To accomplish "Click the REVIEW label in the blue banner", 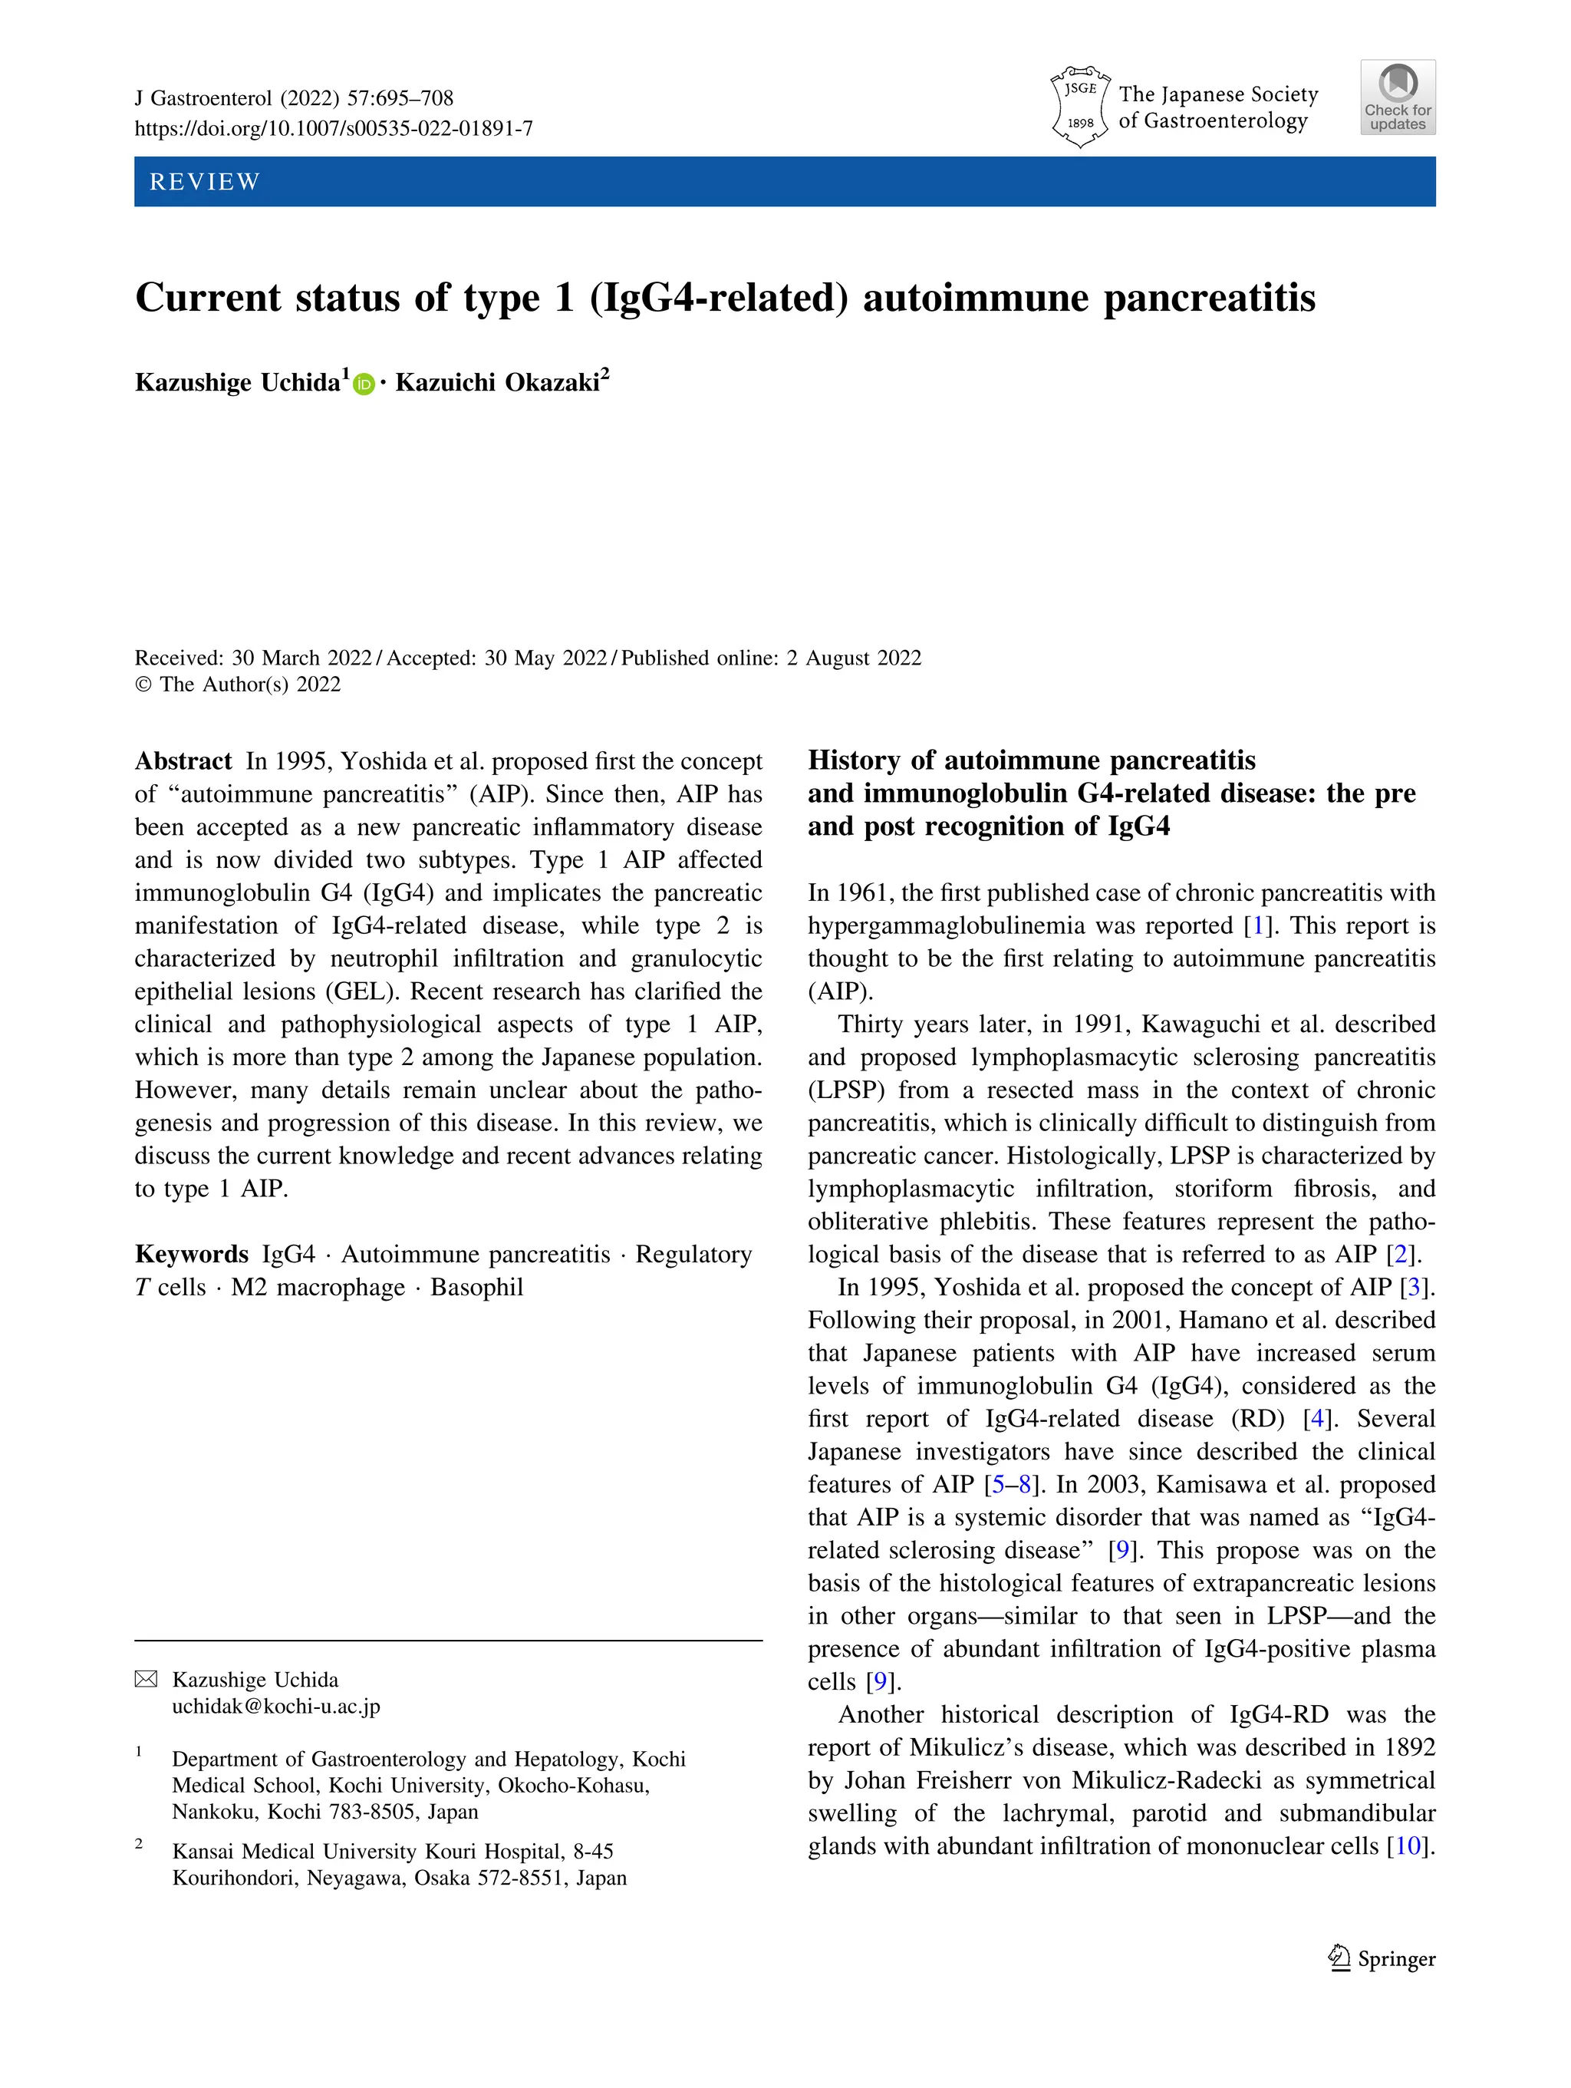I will pyautogui.click(x=205, y=181).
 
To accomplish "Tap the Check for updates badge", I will pyautogui.click(x=1398, y=97).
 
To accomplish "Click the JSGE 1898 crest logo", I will pyautogui.click(x=1079, y=106).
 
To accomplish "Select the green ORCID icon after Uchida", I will pyautogui.click(x=364, y=384).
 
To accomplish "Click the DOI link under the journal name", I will pyautogui.click(x=333, y=128).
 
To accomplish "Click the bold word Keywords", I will pyautogui.click(x=192, y=1254).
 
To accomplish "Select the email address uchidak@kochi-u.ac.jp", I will pyautogui.click(x=275, y=1706).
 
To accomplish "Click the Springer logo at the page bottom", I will pyautogui.click(x=1382, y=1958).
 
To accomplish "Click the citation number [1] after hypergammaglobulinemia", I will pyautogui.click(x=1256, y=925).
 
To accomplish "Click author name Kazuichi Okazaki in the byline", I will pyautogui.click(x=497, y=382).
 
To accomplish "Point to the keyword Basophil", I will pyautogui.click(x=476, y=1287).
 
